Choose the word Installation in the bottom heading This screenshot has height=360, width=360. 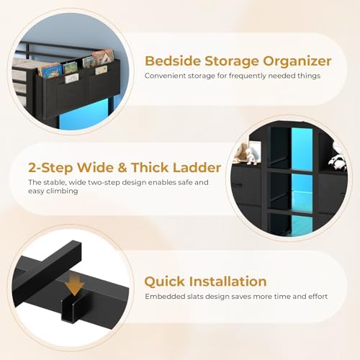[x=230, y=281]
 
